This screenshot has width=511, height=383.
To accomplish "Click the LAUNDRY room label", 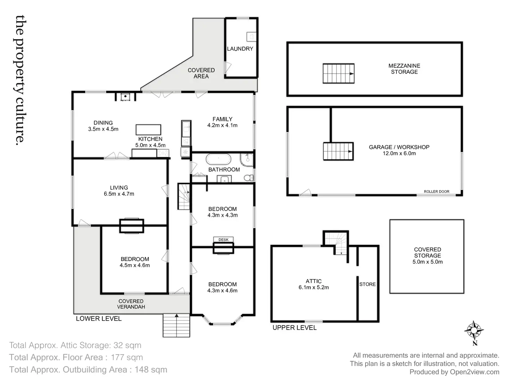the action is (x=240, y=49).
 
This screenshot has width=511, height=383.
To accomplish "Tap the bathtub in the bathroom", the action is (x=218, y=159).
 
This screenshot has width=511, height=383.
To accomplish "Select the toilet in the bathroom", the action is (x=249, y=178).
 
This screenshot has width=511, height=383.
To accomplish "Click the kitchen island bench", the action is (x=148, y=129).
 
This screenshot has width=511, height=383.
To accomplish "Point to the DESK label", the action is (x=224, y=240).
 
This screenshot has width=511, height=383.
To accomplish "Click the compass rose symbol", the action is (x=474, y=331).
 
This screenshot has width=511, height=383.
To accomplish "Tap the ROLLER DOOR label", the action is (x=436, y=191).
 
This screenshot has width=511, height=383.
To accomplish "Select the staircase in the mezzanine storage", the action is (x=338, y=74).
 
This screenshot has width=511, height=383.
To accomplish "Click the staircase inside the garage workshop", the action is (x=338, y=151).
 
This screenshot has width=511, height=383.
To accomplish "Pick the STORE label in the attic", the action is (x=367, y=284).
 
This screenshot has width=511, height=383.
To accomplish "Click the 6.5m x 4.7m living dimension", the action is (x=119, y=194).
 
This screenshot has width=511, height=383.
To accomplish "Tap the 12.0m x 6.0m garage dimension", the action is (x=399, y=153).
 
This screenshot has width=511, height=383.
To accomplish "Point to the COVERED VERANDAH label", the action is (x=131, y=304).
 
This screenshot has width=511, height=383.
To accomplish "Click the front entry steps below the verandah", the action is (x=176, y=325).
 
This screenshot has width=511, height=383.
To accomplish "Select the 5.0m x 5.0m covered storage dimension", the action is (x=427, y=262).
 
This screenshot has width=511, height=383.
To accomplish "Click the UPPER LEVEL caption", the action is (x=294, y=327).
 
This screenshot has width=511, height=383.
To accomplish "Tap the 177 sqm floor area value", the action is (x=127, y=357).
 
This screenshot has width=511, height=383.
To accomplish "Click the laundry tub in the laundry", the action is (x=251, y=36).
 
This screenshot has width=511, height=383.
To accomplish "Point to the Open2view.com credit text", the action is (x=475, y=372).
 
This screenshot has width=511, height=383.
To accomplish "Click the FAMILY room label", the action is (x=223, y=119).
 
